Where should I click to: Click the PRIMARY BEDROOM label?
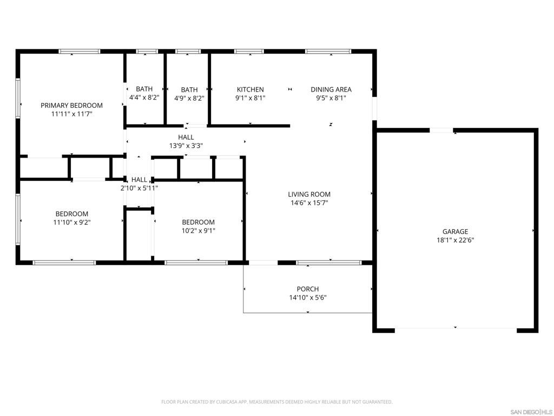(72, 106)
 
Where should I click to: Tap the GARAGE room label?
(455, 232)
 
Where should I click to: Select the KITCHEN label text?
(250, 89)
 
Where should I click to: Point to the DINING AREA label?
(331, 89)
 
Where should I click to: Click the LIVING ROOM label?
(309, 194)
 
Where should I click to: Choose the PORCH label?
(308, 289)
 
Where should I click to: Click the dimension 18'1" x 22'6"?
(455, 240)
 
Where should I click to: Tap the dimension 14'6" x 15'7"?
(309, 203)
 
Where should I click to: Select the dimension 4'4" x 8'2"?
(144, 97)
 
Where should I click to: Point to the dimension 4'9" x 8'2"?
(189, 99)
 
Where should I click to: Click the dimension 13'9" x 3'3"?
(186, 145)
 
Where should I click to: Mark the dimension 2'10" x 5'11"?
(139, 188)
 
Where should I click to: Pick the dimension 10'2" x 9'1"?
(198, 231)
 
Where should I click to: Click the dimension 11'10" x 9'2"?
(72, 222)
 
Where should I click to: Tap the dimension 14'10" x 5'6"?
(308, 297)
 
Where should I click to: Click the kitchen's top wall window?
(249, 51)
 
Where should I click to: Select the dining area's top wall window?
(328, 51)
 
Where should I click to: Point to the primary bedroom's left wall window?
(18, 98)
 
